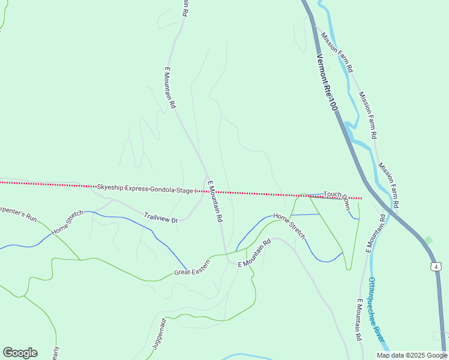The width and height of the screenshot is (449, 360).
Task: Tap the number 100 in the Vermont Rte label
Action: pyautogui.click(x=333, y=102)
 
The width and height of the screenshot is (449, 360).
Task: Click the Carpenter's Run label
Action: pyautogui.click(x=18, y=213)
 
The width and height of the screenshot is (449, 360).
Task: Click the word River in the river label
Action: pyautogui.click(x=379, y=336)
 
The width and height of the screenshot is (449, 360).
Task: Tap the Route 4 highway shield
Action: pyautogui.click(x=436, y=266)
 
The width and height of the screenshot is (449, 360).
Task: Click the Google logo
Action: pyautogui.click(x=20, y=353)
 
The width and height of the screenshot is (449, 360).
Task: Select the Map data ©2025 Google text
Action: pyautogui.click(x=412, y=355)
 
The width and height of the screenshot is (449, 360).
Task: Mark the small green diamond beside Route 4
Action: pyautogui.click(x=428, y=241)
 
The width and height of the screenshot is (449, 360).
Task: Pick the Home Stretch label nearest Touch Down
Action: pyautogui.click(x=289, y=224)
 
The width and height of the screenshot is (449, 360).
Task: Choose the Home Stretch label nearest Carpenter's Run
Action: pyautogui.click(x=67, y=222)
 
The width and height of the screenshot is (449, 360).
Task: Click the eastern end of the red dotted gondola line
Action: pyautogui.click(x=361, y=198)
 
